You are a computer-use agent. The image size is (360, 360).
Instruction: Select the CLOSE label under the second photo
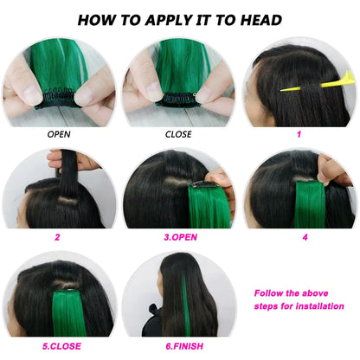click(178, 134)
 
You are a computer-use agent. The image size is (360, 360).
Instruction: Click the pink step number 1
click(299, 134)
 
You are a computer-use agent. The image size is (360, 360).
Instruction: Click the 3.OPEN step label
click(180, 236)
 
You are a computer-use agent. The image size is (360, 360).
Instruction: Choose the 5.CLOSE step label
click(61, 346)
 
